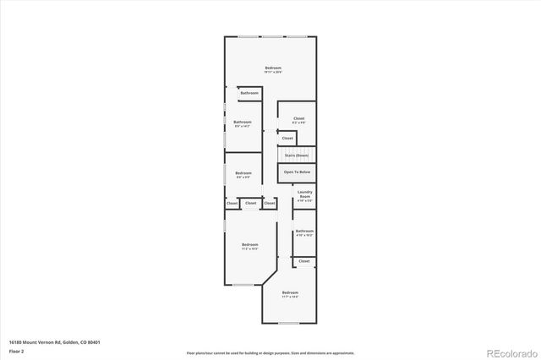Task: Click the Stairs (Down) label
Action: click(x=296, y=155)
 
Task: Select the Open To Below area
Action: click(x=297, y=172)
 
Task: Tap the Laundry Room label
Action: click(x=305, y=196)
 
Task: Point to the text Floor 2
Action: click(x=18, y=350)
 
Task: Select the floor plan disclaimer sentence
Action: click(x=270, y=352)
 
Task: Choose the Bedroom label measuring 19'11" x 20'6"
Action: click(x=272, y=69)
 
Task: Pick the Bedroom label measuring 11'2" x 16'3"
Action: click(x=249, y=246)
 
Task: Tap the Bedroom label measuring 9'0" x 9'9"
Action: click(x=243, y=175)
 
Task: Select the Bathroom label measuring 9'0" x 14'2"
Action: click(x=243, y=123)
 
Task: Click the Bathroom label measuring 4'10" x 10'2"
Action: click(x=304, y=232)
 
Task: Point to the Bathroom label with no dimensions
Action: click(x=249, y=92)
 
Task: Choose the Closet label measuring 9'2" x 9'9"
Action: click(x=298, y=120)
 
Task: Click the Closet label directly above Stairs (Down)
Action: click(x=287, y=138)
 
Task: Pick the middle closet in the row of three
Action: click(x=250, y=203)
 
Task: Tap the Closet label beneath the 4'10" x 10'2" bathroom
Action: click(x=304, y=261)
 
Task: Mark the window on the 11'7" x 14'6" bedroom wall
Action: click(x=289, y=324)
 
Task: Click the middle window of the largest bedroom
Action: click(x=272, y=36)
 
